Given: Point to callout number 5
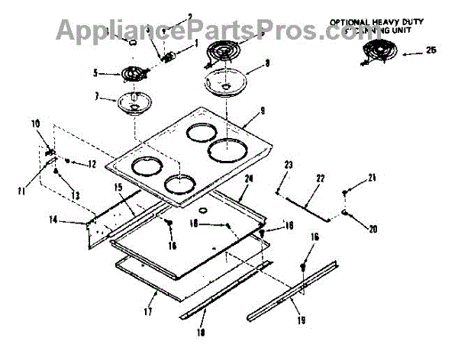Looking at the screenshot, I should pyautogui.click(x=95, y=74).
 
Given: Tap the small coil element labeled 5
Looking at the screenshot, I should pyautogui.click(x=134, y=76).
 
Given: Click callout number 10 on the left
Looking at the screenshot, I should pyautogui.click(x=35, y=123).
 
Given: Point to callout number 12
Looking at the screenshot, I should pyautogui.click(x=91, y=163).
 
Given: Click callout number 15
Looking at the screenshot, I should pyautogui.click(x=118, y=187).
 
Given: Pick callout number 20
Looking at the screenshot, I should pyautogui.click(x=373, y=228).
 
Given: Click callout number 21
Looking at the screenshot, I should pyautogui.click(x=373, y=178).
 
